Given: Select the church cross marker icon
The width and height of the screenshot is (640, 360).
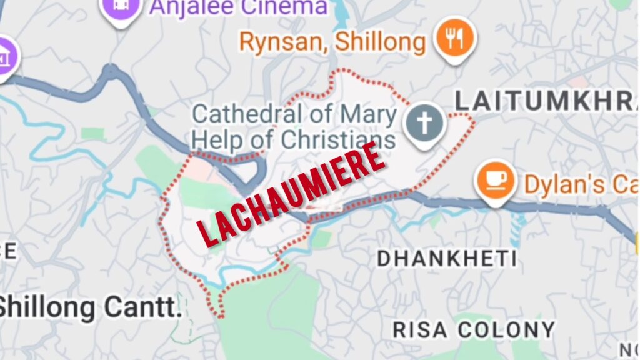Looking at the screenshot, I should pyautogui.click(x=424, y=122).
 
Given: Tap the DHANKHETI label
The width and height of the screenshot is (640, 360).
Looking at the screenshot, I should pyautogui.click(x=447, y=259).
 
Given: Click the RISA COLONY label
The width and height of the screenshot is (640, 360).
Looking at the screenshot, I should pyautogui.click(x=474, y=329).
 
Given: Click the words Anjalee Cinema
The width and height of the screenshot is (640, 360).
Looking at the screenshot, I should pyautogui.click(x=238, y=7).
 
